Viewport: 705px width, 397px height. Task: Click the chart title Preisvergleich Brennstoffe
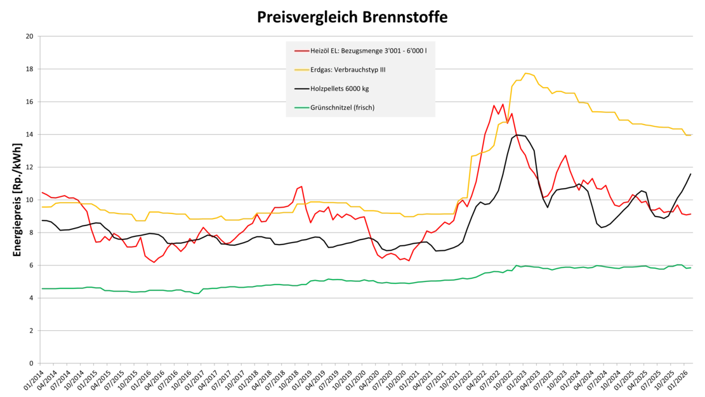(x=352, y=17)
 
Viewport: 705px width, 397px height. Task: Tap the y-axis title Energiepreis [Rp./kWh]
(x=17, y=200)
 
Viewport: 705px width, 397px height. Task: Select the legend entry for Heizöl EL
(x=360, y=51)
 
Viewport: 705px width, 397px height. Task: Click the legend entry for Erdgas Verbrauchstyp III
(x=340, y=70)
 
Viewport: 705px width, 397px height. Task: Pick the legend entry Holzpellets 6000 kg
(x=332, y=89)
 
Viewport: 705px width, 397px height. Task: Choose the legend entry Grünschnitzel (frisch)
(x=334, y=107)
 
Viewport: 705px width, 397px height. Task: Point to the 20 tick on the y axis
(x=30, y=36)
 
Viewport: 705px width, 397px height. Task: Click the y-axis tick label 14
(x=30, y=135)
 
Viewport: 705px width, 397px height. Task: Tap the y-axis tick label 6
(x=32, y=266)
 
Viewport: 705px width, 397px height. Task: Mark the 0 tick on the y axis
(x=32, y=363)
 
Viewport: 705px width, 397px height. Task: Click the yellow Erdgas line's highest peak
(x=525, y=73)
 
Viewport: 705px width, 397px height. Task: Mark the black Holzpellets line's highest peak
(x=517, y=135)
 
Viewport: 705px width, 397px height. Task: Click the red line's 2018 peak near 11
(x=301, y=186)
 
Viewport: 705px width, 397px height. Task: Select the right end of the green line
(x=690, y=268)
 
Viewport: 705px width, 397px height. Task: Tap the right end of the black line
(x=690, y=174)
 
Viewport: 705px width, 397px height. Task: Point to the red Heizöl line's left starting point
(x=43, y=192)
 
